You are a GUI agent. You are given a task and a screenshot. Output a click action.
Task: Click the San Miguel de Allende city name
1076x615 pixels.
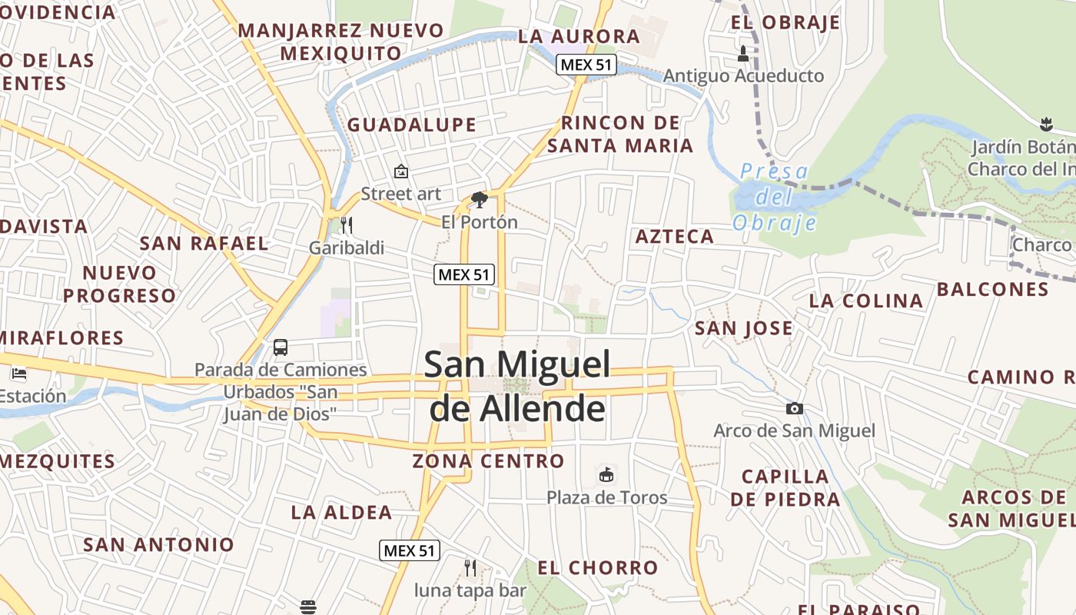click(x=517, y=386)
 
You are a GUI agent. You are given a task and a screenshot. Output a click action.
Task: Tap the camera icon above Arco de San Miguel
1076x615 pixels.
click(x=794, y=408)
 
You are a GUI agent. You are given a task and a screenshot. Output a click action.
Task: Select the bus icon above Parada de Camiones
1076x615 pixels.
click(x=281, y=347)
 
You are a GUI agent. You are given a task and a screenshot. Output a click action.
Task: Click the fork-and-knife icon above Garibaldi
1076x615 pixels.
click(x=347, y=224)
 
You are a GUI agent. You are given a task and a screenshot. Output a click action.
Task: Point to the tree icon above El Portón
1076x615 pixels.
click(x=480, y=200)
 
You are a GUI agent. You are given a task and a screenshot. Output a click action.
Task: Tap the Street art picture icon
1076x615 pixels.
click(x=400, y=171)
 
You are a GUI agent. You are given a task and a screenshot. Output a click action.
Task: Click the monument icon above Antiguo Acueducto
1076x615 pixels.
click(x=742, y=54)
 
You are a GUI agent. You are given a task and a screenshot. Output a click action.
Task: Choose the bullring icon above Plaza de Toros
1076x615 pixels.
click(x=606, y=474)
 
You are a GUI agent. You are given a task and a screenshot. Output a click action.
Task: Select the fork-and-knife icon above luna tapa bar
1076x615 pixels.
click(x=470, y=567)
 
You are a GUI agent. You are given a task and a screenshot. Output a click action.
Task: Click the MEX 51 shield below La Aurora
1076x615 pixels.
click(x=587, y=65)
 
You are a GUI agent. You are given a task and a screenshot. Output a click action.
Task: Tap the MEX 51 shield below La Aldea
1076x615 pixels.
click(x=410, y=550)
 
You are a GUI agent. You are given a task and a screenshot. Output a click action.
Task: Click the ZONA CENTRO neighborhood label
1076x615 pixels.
click(x=488, y=461)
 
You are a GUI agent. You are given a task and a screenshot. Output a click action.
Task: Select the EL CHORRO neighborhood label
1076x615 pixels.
click(x=597, y=568)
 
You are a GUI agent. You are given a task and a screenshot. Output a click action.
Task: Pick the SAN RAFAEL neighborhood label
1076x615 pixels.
click(x=204, y=244)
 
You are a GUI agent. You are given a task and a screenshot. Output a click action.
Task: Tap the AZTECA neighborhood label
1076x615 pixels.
click(x=675, y=237)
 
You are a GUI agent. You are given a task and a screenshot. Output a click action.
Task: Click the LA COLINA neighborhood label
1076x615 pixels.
click(x=866, y=301)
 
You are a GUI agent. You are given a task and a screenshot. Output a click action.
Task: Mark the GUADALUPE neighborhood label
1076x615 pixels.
click(x=412, y=125)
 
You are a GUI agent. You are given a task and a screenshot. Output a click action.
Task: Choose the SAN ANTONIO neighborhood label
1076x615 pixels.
click(x=158, y=545)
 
